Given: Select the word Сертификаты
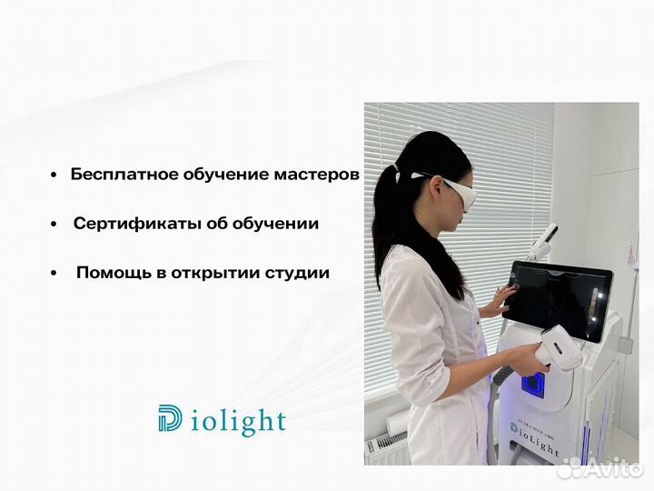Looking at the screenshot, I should coord(130,223).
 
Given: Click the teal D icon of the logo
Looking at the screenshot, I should coord(169,418).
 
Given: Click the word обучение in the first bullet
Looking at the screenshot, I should coord(211,174).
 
